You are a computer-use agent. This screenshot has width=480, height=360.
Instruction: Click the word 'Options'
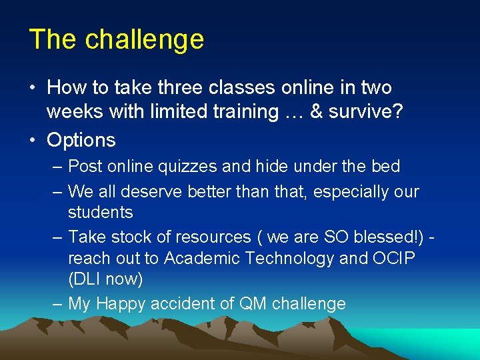81,140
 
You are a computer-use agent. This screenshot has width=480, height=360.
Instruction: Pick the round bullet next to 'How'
34,88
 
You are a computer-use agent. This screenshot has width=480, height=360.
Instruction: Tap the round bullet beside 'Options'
34,140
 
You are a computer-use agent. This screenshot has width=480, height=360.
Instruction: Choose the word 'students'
100,213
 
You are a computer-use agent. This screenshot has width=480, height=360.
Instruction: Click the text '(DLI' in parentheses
86,279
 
